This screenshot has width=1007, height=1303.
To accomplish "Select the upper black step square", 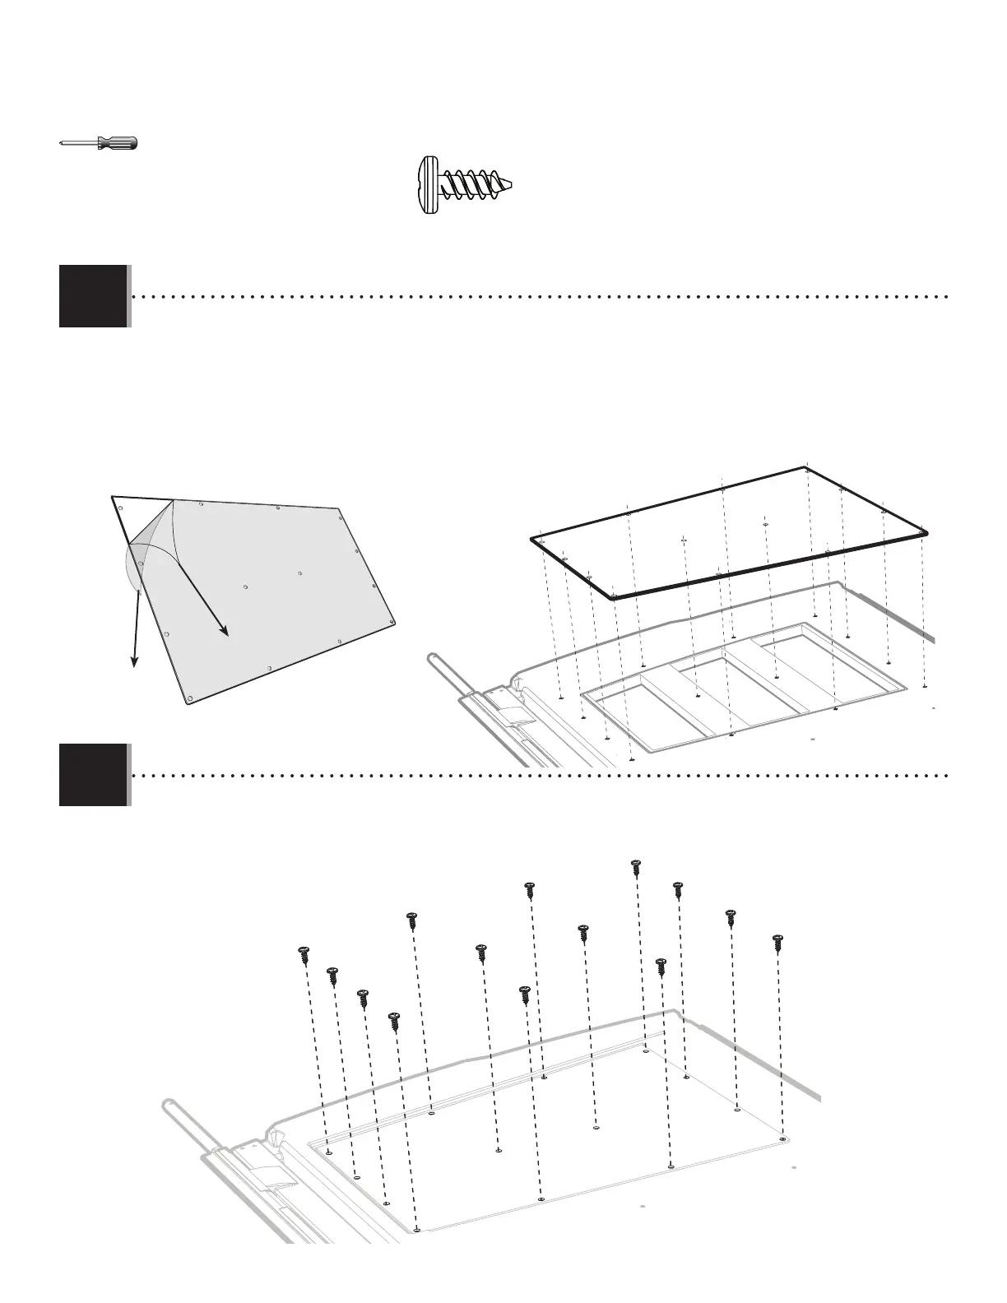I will [93, 295].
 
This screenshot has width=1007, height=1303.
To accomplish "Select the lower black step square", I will [93, 774].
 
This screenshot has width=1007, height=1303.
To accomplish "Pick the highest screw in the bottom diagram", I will [635, 868].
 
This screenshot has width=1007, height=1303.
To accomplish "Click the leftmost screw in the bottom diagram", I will [304, 956].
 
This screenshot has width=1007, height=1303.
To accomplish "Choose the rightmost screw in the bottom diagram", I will [776, 943].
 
